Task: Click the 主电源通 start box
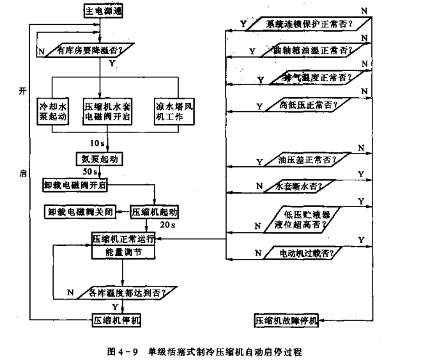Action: pyautogui.click(x=102, y=11)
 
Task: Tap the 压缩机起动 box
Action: pyautogui.click(x=153, y=212)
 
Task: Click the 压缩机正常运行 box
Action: pyautogui.click(x=121, y=239)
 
